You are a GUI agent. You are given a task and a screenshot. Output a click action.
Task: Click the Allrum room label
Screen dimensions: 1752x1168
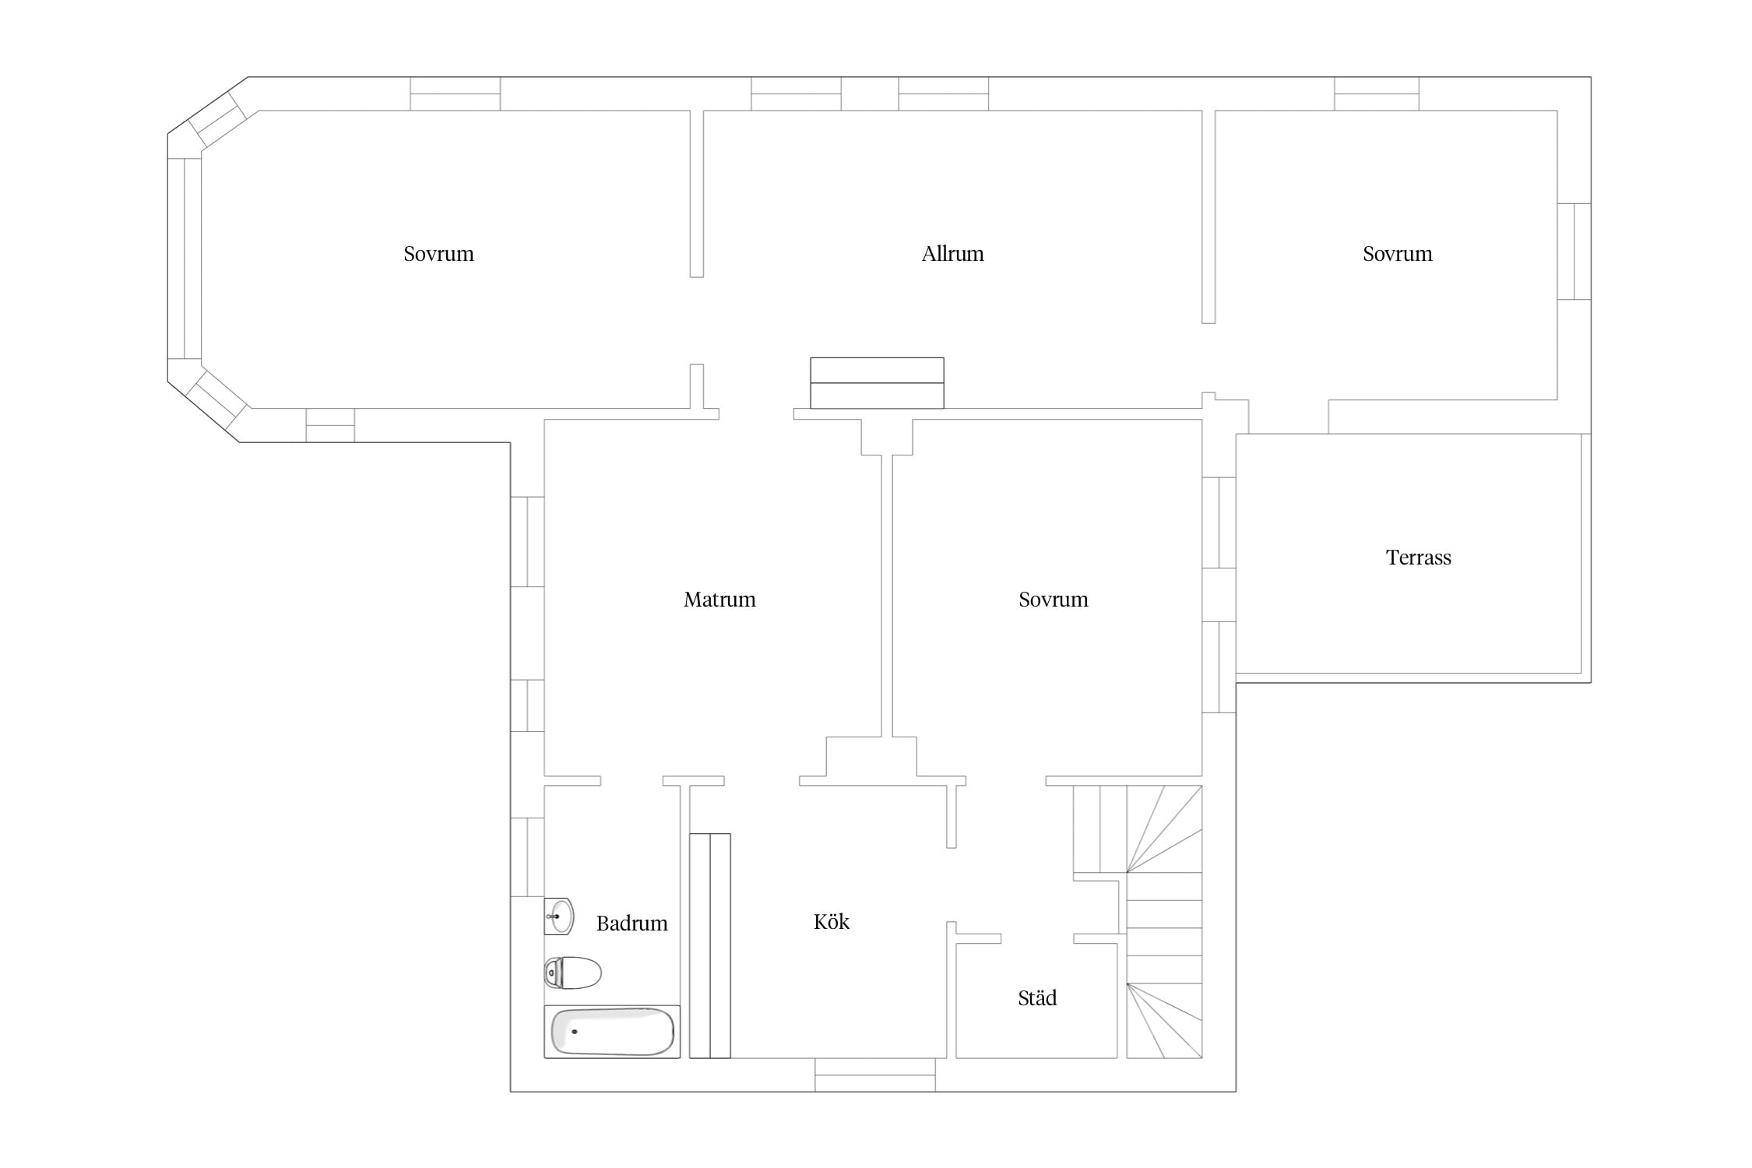coord(952,254)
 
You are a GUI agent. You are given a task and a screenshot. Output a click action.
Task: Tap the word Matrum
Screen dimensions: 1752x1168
coord(719,600)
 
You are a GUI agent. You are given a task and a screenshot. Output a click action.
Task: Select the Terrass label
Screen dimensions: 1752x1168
coord(1418,558)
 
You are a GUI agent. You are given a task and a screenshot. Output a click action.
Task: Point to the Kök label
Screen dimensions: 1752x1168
coord(832,922)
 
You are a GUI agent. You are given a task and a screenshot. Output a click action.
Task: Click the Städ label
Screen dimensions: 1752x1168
coord(1037,997)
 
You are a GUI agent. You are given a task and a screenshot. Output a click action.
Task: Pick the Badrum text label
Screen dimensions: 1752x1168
coord(631,923)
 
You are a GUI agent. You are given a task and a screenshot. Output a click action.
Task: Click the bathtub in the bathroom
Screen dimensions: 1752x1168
coord(612,1032)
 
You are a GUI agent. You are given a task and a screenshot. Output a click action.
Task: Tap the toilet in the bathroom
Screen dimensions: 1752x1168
coord(572,973)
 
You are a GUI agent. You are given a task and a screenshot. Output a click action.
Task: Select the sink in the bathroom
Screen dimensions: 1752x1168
coord(559,916)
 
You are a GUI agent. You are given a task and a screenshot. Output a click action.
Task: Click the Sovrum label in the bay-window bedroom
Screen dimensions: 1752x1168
coord(438,254)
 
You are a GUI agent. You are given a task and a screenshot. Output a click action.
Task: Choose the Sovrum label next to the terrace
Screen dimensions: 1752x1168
coord(1053,600)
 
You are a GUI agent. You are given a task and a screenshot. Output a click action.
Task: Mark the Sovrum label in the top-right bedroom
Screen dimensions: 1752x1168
coord(1397,254)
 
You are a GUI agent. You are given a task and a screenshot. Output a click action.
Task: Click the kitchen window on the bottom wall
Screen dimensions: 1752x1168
coord(875,1075)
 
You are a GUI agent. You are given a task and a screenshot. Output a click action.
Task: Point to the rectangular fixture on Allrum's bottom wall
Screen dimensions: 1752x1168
coord(877,383)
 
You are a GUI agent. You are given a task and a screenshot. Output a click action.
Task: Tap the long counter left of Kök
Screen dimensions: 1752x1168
coord(710,946)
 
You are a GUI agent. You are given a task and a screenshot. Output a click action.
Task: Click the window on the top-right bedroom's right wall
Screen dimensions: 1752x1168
coord(1574,252)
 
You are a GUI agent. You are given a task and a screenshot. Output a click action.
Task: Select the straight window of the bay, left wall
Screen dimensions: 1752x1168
coord(185,259)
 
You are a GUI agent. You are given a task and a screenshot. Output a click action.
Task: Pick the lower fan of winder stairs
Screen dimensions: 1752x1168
coord(1165,1021)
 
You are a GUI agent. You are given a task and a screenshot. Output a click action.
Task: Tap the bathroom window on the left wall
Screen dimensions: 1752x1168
coord(527,857)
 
